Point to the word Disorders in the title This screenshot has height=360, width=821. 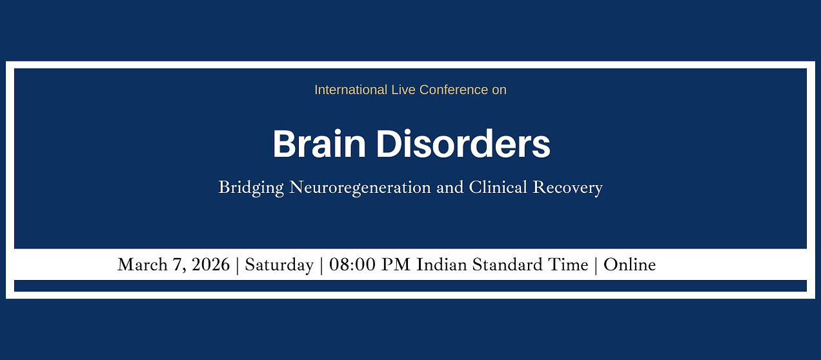click(463, 144)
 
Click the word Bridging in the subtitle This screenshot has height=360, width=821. click(251, 188)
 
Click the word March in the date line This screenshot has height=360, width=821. click(140, 265)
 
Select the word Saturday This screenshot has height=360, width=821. click(279, 265)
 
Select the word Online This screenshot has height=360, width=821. click(629, 265)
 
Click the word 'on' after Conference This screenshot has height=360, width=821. click(499, 90)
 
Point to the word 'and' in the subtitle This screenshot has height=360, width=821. click(449, 188)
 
